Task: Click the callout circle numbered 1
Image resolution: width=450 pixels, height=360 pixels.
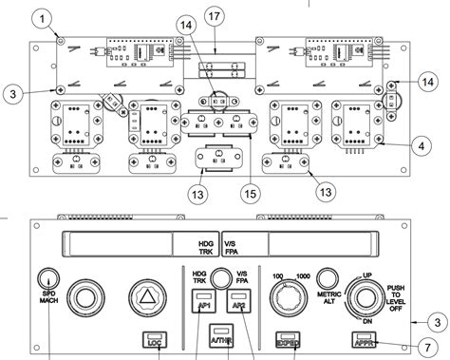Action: tap(41, 18)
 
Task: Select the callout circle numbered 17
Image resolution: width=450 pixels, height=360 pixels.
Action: tap(218, 18)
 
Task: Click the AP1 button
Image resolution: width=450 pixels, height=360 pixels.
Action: tap(201, 307)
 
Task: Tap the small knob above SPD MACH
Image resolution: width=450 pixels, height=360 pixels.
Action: tap(49, 278)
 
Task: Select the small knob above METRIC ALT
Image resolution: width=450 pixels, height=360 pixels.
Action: tap(328, 277)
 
